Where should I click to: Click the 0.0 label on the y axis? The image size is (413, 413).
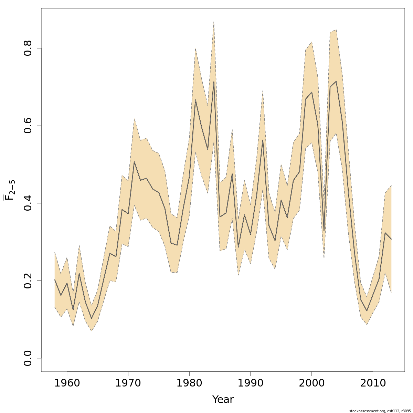[28, 358]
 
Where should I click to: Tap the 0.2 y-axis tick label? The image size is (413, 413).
[28, 280]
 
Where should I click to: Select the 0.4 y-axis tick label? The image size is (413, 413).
[28, 203]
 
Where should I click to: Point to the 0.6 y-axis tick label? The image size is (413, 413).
[28, 126]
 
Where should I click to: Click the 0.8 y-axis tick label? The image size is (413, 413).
[28, 48]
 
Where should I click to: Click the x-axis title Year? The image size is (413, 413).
[223, 400]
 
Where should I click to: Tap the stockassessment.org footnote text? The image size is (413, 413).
[380, 411]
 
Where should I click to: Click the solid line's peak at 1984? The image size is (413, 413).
[214, 82]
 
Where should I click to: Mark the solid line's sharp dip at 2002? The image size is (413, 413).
[324, 230]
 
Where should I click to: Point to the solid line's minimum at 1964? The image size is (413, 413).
[91, 318]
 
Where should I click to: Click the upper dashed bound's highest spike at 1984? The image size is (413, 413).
[214, 22]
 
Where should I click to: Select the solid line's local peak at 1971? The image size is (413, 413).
[134, 162]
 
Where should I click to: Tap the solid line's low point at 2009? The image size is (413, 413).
[367, 311]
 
